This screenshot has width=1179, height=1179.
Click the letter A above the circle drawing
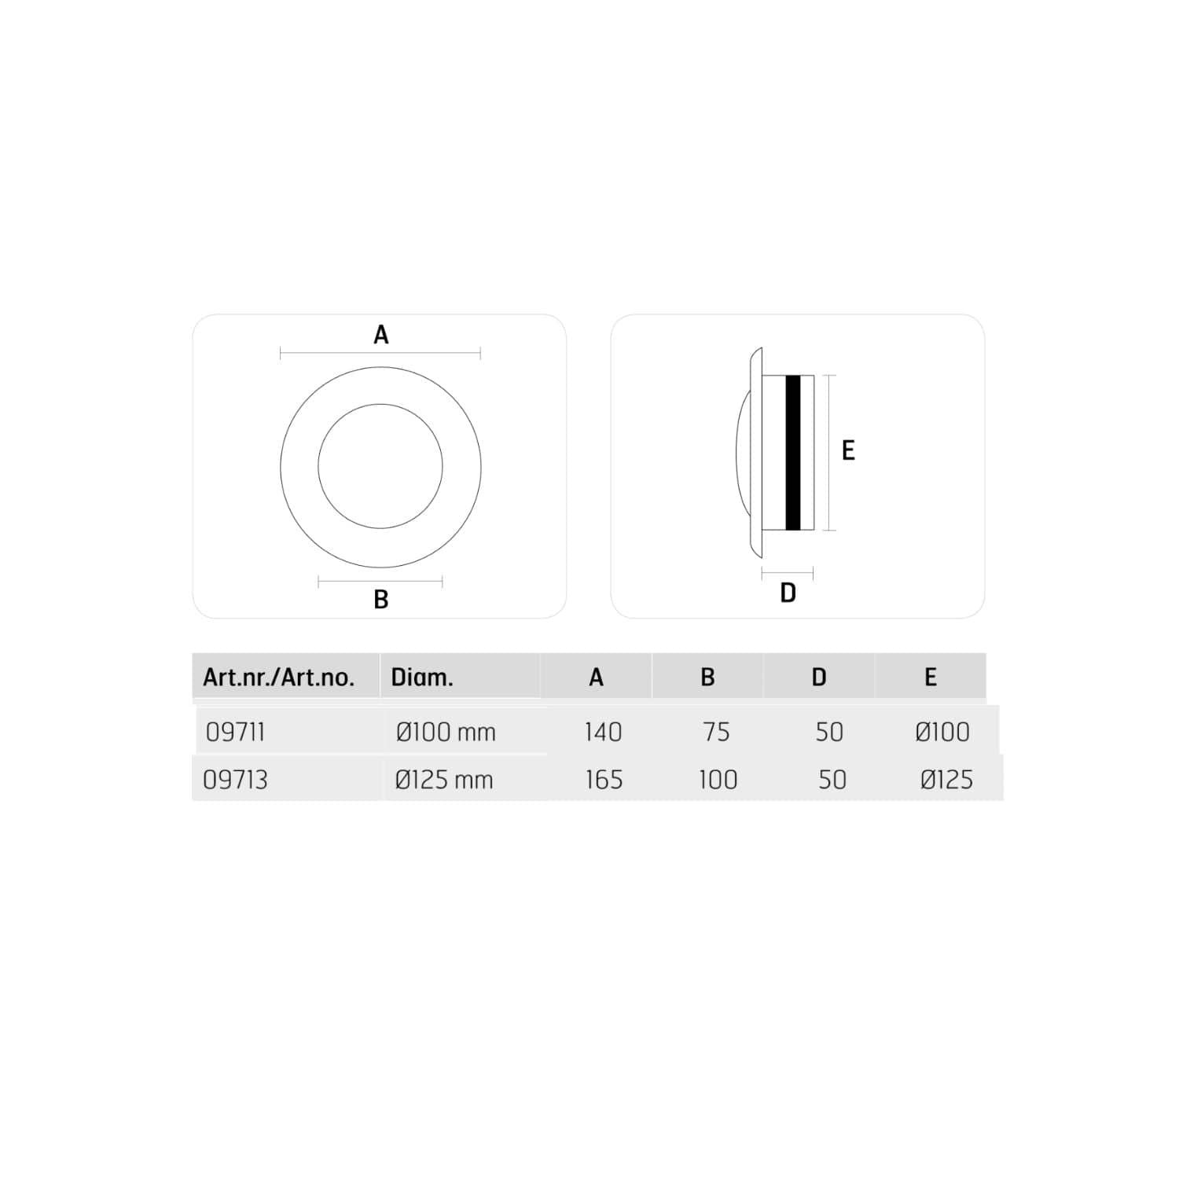pos(381,335)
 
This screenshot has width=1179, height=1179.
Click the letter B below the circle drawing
pos(381,600)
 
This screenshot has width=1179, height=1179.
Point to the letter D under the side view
pos(788,593)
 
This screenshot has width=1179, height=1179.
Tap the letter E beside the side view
pos(848,450)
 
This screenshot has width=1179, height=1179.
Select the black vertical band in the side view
pos(793,453)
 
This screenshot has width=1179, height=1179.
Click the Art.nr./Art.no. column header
pos(279,678)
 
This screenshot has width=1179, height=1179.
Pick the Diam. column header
pos(422,678)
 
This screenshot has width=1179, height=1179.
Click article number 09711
pos(235,732)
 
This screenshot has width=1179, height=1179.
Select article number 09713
pos(235,780)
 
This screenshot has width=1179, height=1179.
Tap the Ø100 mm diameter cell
pos(446,732)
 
